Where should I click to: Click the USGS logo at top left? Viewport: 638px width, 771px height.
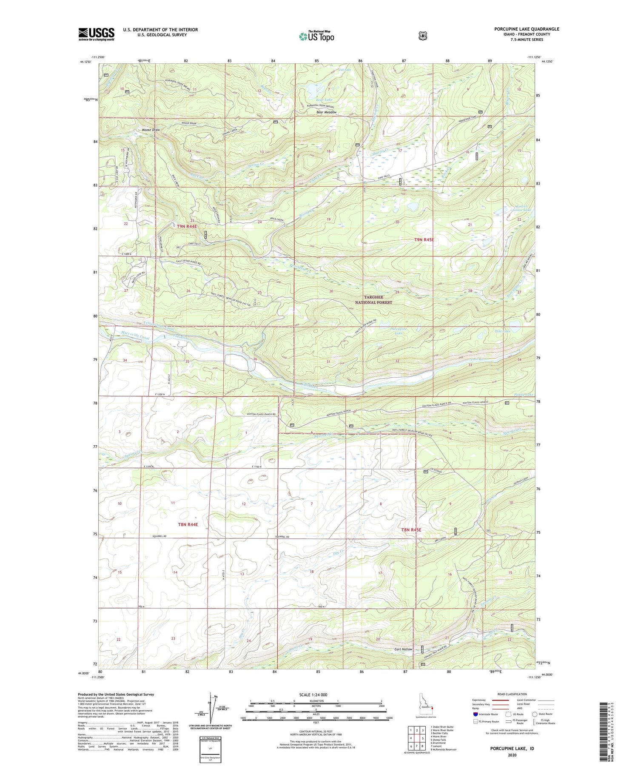96,34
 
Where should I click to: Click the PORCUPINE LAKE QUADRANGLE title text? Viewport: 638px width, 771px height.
527,29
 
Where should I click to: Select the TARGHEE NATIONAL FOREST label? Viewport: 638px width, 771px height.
373,300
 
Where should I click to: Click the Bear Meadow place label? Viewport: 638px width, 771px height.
326,112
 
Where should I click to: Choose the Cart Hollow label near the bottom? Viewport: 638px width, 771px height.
403,649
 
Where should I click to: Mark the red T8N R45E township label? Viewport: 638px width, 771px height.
411,530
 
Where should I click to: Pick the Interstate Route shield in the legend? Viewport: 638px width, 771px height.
475,714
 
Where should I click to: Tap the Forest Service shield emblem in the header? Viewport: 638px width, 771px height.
422,36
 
